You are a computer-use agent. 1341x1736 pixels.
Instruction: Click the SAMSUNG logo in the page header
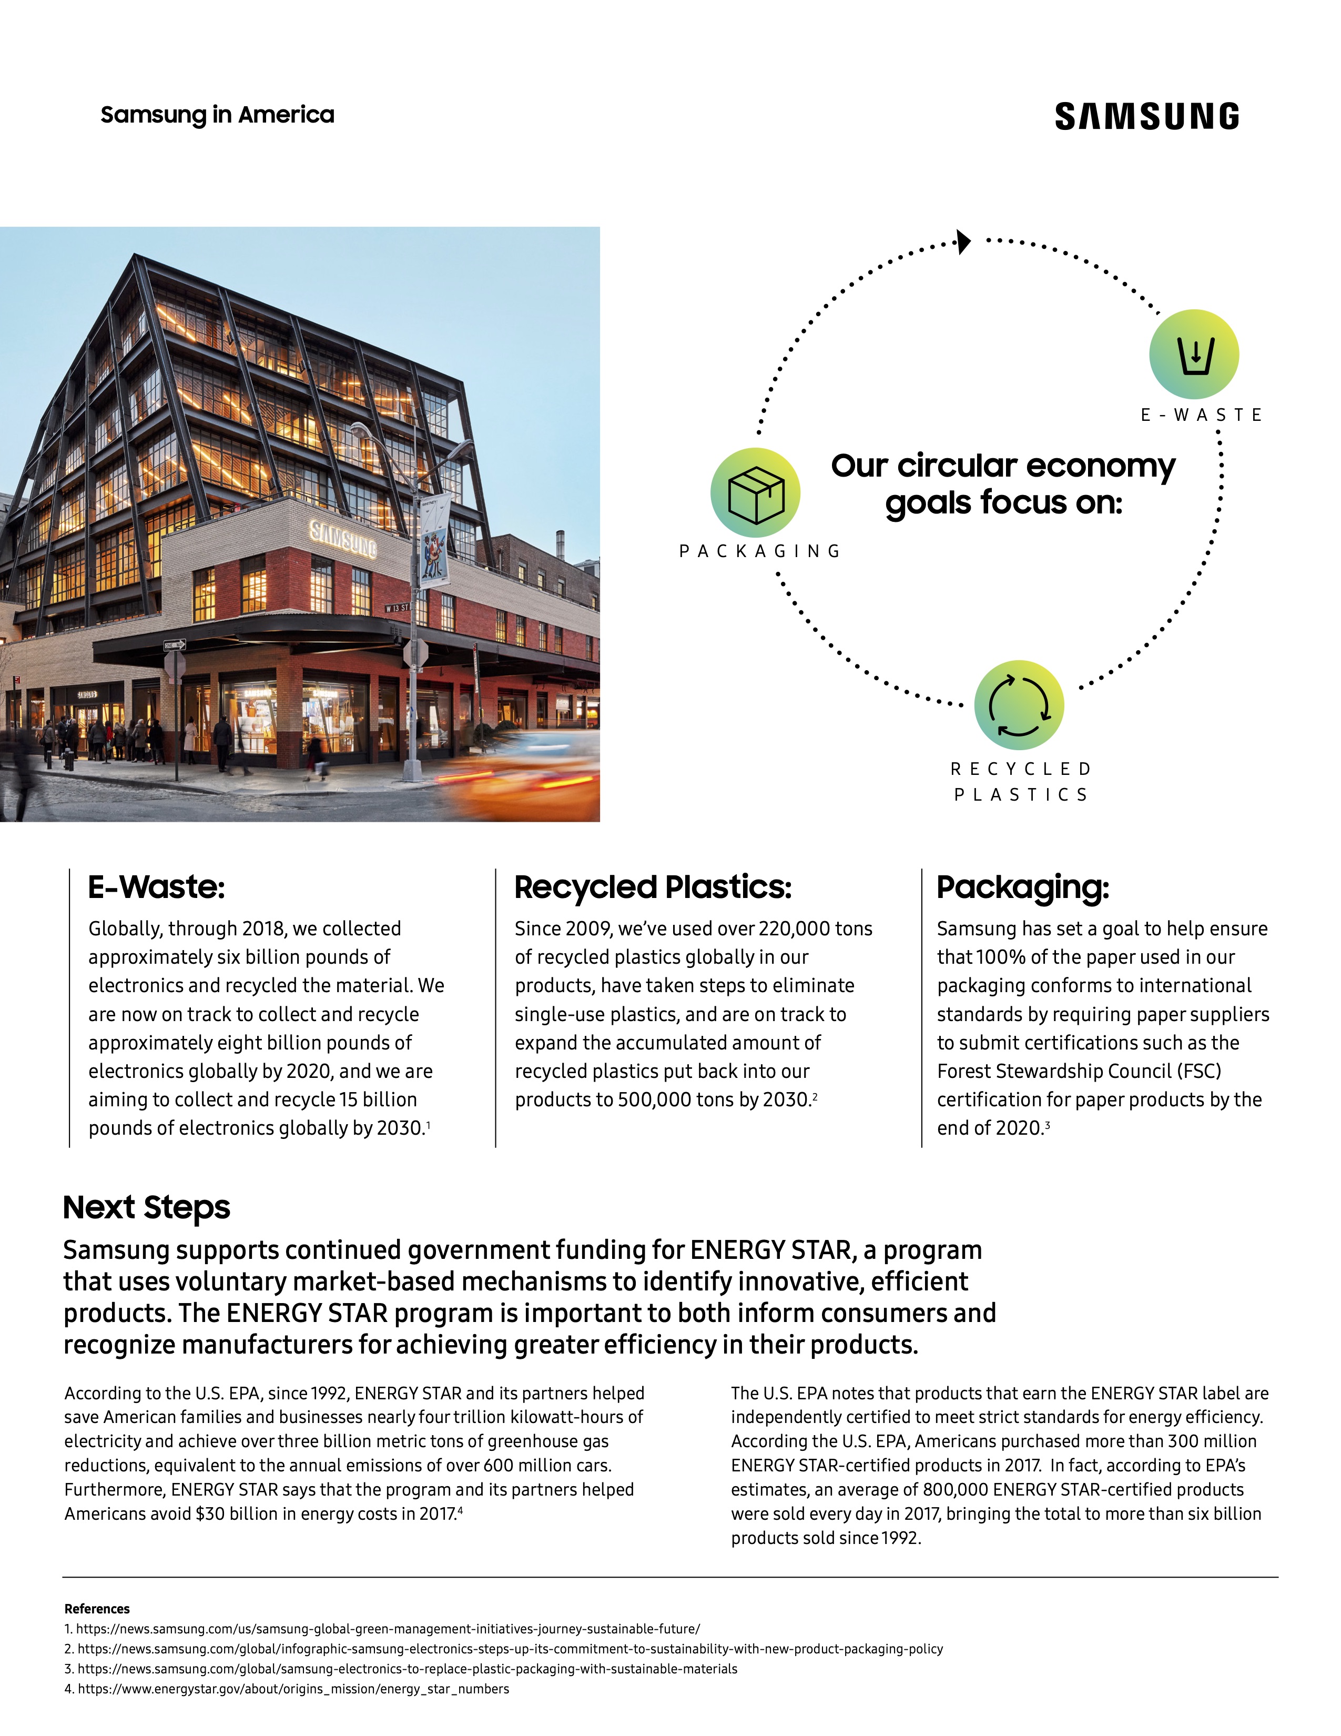(1146, 116)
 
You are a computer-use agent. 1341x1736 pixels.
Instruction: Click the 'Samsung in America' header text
(217, 115)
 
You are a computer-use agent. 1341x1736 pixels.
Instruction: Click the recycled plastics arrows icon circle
(1019, 705)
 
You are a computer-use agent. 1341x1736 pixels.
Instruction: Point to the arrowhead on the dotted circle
(963, 241)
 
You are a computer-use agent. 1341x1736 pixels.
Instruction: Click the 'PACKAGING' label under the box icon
(759, 551)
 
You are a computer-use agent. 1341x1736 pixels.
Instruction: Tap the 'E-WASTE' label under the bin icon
(1201, 415)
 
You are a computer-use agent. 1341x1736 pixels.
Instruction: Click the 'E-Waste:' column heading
(157, 887)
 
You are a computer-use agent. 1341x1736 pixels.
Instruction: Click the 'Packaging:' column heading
(1022, 887)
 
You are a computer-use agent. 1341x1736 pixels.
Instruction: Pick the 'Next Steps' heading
(146, 1207)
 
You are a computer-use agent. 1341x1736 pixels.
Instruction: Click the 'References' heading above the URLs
(97, 1609)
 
